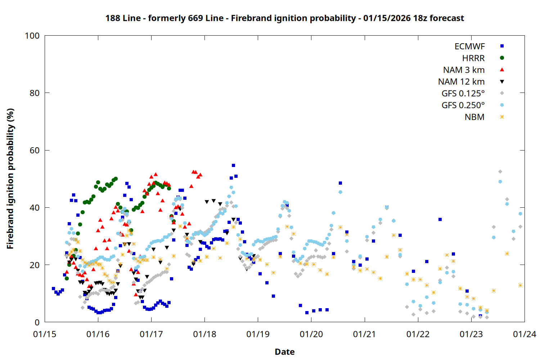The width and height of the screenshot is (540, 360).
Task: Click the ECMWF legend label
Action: point(469,46)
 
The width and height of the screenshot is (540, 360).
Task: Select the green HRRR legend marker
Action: point(502,58)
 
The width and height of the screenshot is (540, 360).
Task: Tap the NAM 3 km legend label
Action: point(464,70)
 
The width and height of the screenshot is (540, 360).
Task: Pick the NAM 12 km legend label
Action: point(461,82)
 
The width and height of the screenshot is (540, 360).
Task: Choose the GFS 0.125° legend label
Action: point(463,94)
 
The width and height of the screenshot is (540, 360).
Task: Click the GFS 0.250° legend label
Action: point(463,105)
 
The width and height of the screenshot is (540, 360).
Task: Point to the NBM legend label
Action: point(474,117)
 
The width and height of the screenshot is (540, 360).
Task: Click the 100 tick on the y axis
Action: point(32,36)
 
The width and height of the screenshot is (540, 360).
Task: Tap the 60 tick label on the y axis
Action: point(35,150)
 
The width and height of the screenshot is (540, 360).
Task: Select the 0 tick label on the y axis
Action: point(37,323)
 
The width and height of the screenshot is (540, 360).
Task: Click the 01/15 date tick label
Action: point(45,334)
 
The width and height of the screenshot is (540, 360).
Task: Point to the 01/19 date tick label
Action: point(258,334)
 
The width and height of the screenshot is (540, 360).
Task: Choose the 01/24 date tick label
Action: point(525,334)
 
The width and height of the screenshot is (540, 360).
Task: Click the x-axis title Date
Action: point(284,352)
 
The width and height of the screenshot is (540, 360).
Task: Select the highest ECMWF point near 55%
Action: point(233,166)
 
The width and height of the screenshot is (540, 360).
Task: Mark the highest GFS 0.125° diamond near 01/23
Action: point(500,172)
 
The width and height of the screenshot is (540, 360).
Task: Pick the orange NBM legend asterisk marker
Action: point(502,117)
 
